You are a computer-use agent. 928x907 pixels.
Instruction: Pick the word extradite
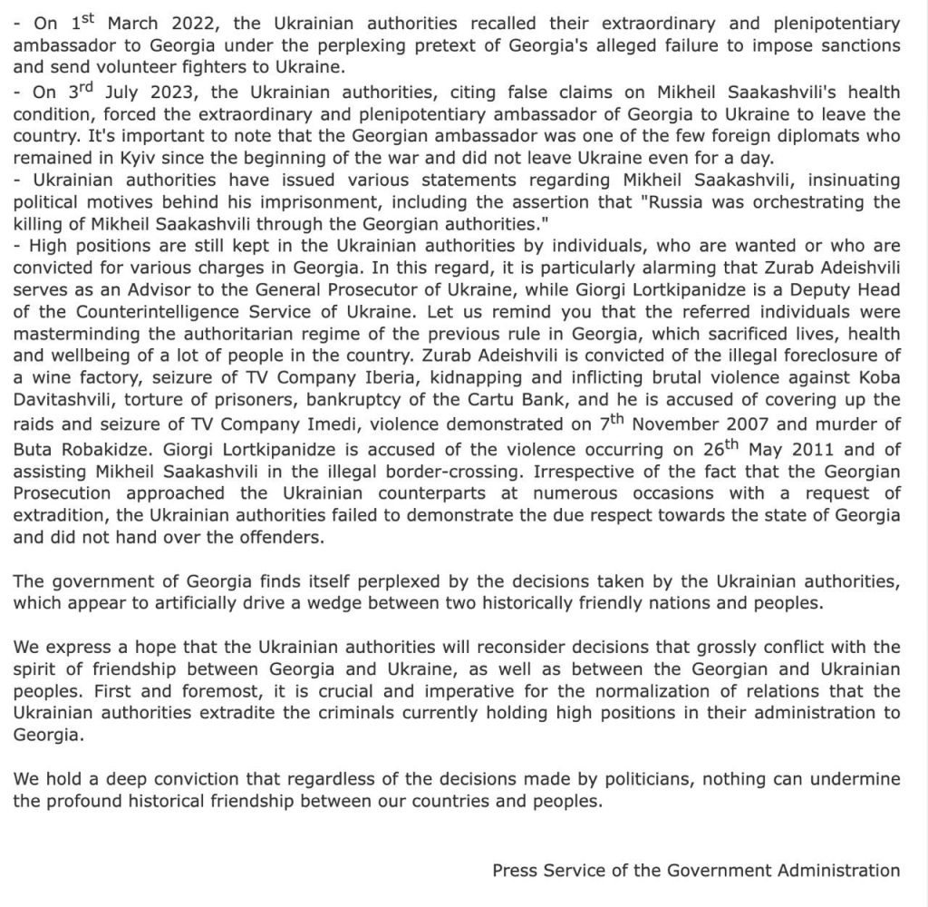247,713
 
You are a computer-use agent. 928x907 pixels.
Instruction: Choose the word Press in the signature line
515,871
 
